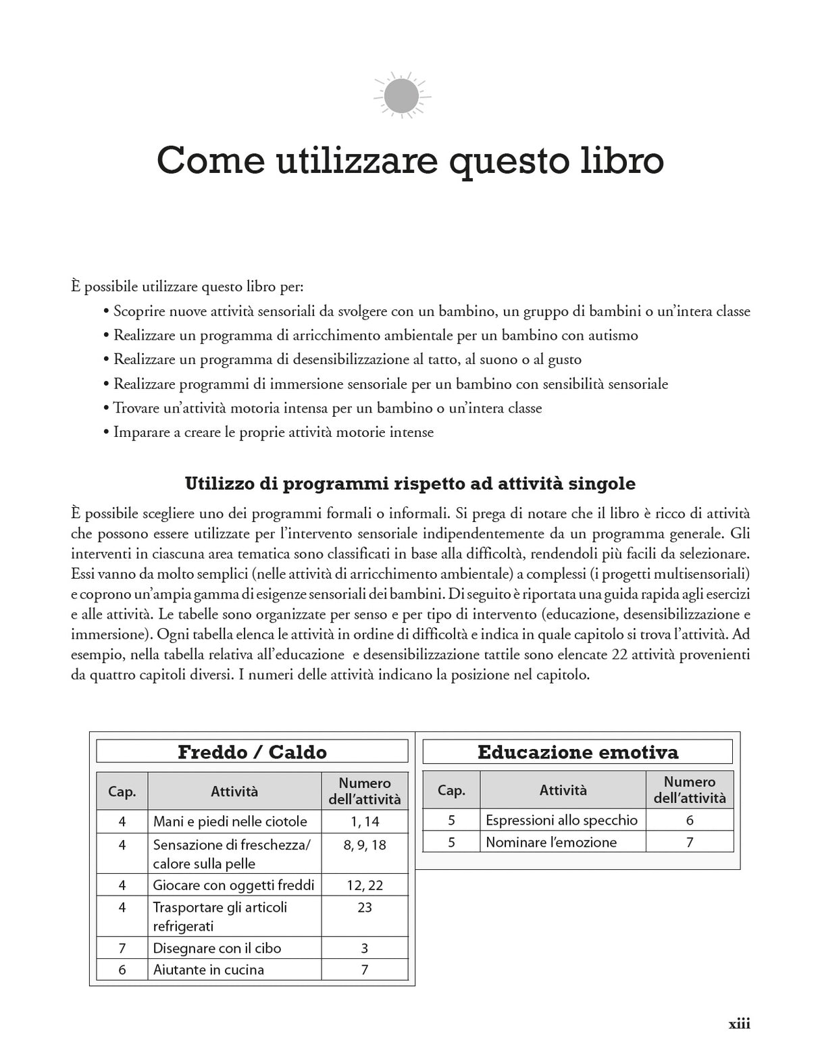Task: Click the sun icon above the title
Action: (401, 95)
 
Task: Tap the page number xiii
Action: (739, 1023)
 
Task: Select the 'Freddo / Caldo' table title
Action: (252, 752)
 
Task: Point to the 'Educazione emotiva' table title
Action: (578, 752)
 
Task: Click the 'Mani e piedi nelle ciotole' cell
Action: (230, 821)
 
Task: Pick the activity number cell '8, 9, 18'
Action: (365, 845)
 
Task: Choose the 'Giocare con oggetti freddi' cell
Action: (233, 885)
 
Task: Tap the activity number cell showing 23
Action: (365, 908)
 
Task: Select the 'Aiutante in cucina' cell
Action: (209, 969)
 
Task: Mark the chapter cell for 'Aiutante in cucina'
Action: (122, 969)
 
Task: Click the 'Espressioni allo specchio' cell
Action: (561, 820)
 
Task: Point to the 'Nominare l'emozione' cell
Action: (551, 841)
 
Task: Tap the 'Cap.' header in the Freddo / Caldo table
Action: (122, 792)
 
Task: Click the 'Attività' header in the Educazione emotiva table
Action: (563, 789)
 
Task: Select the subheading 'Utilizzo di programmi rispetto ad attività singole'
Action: (410, 484)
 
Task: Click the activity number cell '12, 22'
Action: (365, 885)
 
